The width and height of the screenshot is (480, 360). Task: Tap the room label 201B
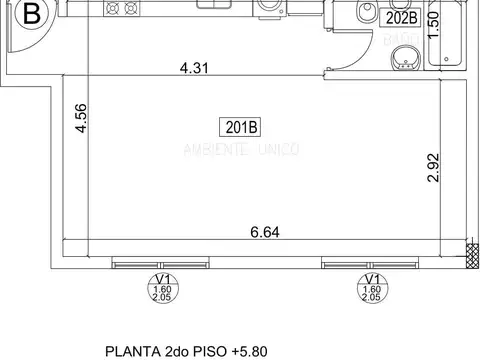pos(238,126)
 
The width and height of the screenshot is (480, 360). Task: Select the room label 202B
pos(400,17)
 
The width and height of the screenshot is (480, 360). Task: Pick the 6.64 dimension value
pos(265,232)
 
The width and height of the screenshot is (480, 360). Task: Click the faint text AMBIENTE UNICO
pos(239,149)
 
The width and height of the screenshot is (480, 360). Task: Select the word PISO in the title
pos(208,351)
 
